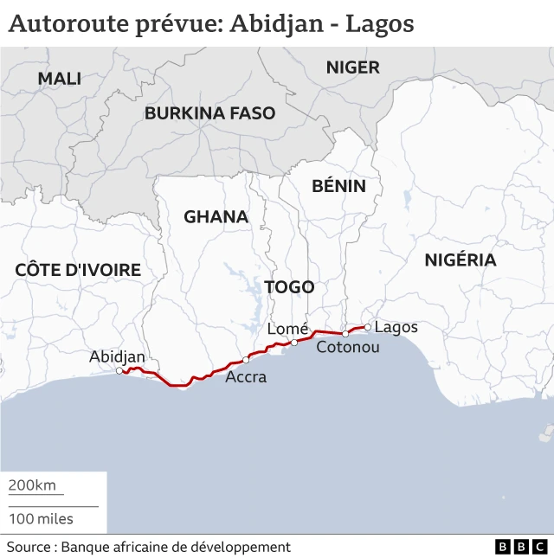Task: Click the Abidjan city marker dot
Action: pyautogui.click(x=119, y=371)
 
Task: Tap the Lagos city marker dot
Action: pyautogui.click(x=367, y=327)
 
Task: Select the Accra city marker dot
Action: pyautogui.click(x=246, y=359)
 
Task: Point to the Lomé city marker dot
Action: pyautogui.click(x=294, y=343)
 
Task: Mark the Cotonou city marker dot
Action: pyautogui.click(x=345, y=333)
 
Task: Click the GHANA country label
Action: pyautogui.click(x=216, y=216)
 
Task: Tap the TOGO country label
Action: pyautogui.click(x=289, y=287)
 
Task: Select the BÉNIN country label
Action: pyautogui.click(x=338, y=186)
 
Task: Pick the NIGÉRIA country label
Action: pyautogui.click(x=460, y=260)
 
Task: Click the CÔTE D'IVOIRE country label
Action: pyautogui.click(x=78, y=270)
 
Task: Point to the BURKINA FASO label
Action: pyautogui.click(x=209, y=113)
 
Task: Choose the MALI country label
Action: pyautogui.click(x=59, y=79)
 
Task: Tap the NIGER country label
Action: pyautogui.click(x=352, y=67)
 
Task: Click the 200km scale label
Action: pyautogui.click(x=32, y=485)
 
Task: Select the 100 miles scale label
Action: pyautogui.click(x=41, y=519)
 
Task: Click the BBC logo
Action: pyautogui.click(x=521, y=547)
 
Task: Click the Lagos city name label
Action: pyautogui.click(x=396, y=327)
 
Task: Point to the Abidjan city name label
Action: pyautogui.click(x=117, y=356)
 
